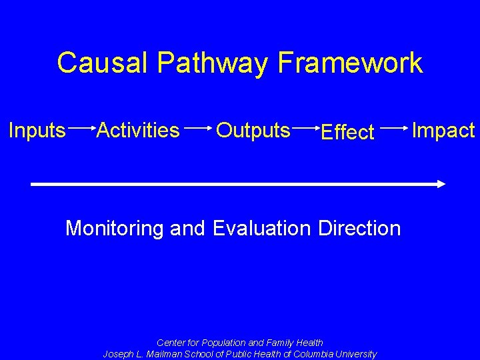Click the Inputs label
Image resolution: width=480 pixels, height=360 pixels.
coord(37,131)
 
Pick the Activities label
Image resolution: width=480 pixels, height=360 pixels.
coord(138,130)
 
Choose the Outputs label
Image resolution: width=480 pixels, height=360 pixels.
coord(253,131)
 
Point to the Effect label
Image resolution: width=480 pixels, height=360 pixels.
coord(347,133)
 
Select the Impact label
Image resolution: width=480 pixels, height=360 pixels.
coord(443,131)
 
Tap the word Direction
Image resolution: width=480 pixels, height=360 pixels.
coord(360,228)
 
